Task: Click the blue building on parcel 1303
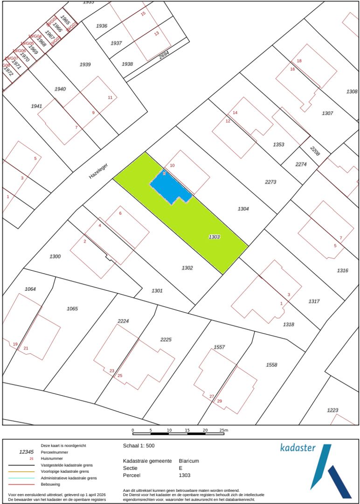coord(169,188)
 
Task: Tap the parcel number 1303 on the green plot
coord(214,237)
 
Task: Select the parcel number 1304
coord(243,209)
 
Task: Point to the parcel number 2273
coord(270,182)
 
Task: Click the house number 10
coord(172,166)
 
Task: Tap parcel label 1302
coord(187,268)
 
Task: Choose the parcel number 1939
coord(85,64)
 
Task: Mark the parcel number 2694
coord(164,55)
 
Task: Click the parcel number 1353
coord(278,145)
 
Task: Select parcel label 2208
coord(315,151)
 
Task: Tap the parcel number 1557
coord(219,347)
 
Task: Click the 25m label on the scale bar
coord(223,430)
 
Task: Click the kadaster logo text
coord(298,448)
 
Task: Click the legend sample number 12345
coord(26,452)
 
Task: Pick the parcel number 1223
coord(332,410)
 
